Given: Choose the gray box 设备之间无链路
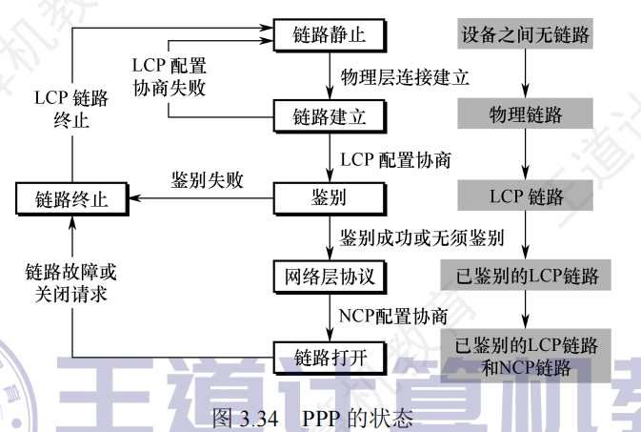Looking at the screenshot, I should click(x=525, y=36).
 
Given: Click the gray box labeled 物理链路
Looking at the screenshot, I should click(x=525, y=116).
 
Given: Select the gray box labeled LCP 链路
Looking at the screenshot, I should click(x=525, y=197).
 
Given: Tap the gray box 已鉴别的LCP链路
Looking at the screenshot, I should click(x=525, y=278).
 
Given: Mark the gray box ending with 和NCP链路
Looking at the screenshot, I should click(x=525, y=355).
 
